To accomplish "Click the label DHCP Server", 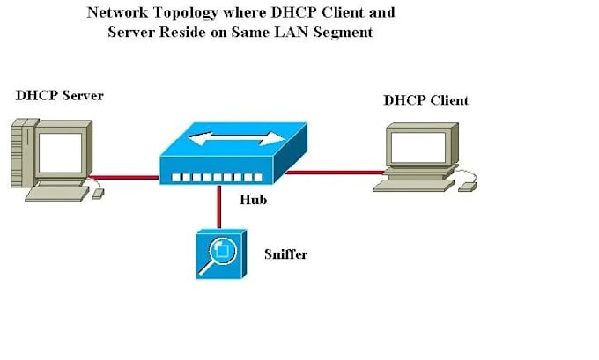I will pos(60,94).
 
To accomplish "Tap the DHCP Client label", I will pos(425,100).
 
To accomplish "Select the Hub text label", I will pos(254,199).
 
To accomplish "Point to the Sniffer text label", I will pos(285,254).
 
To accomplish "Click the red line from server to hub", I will pos(125,176).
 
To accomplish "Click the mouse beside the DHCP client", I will pos(467,185).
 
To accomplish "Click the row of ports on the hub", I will pos(206,177).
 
